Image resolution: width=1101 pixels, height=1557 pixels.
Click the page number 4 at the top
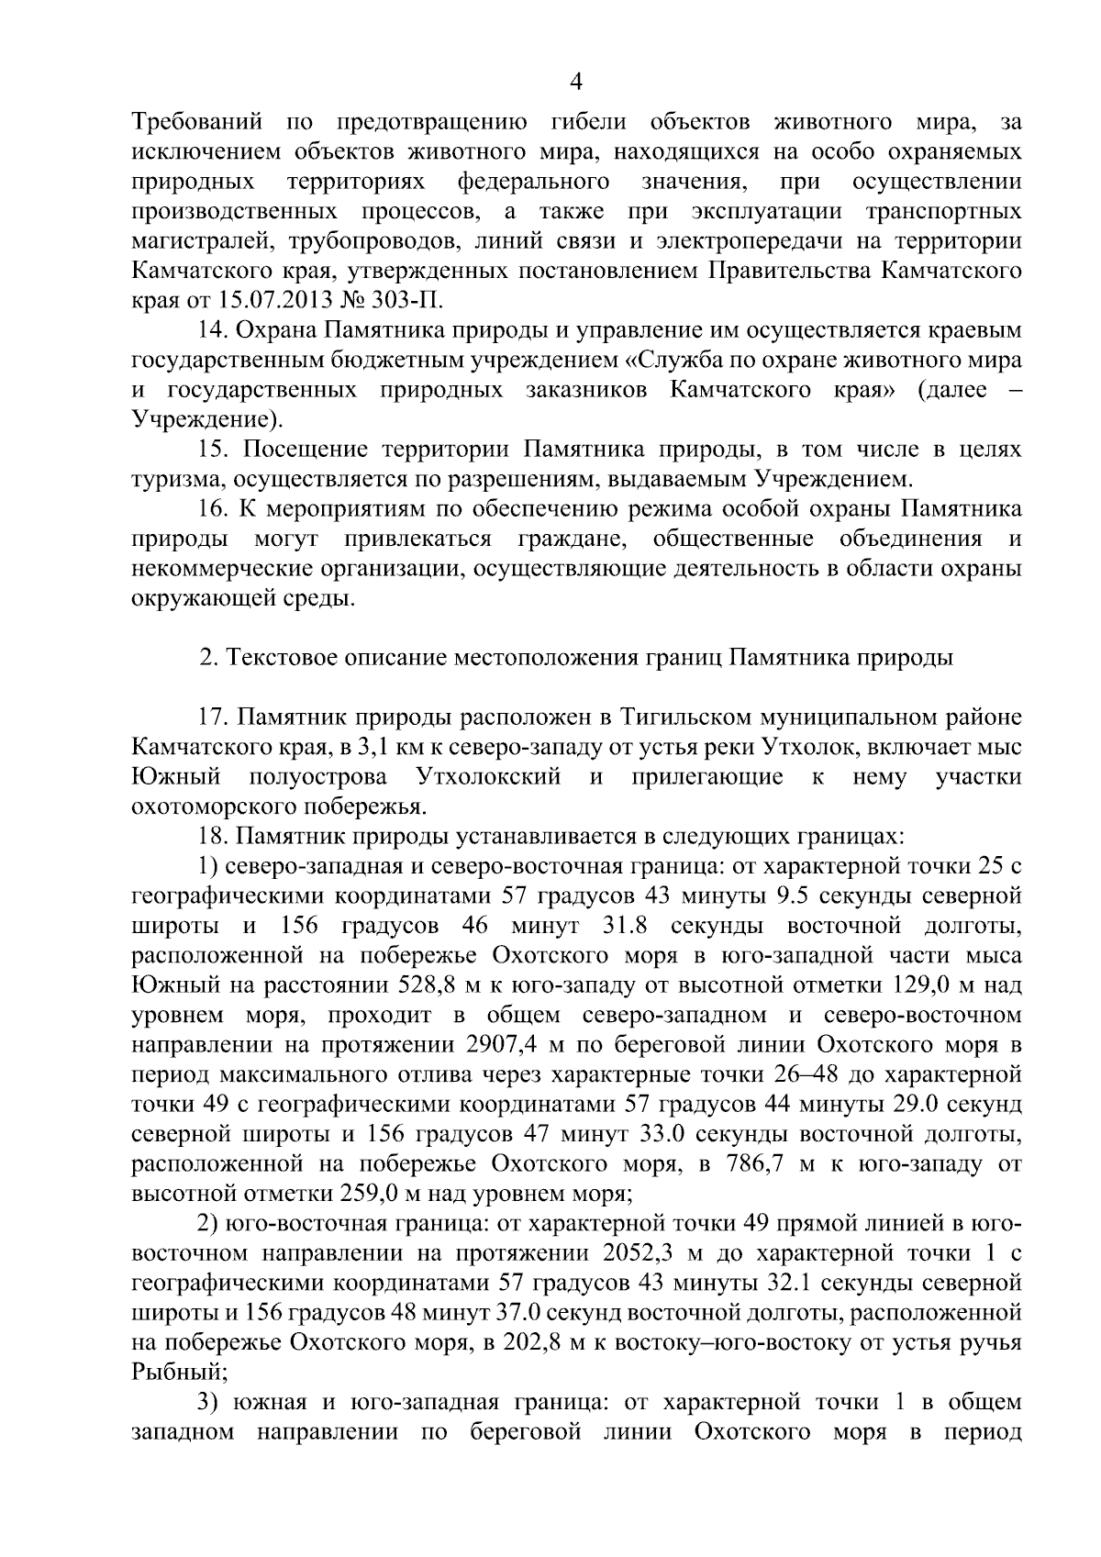[x=576, y=83]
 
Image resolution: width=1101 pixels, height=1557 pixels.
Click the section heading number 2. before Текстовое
[x=208, y=659]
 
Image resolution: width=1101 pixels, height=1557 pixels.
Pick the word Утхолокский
[x=488, y=778]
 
